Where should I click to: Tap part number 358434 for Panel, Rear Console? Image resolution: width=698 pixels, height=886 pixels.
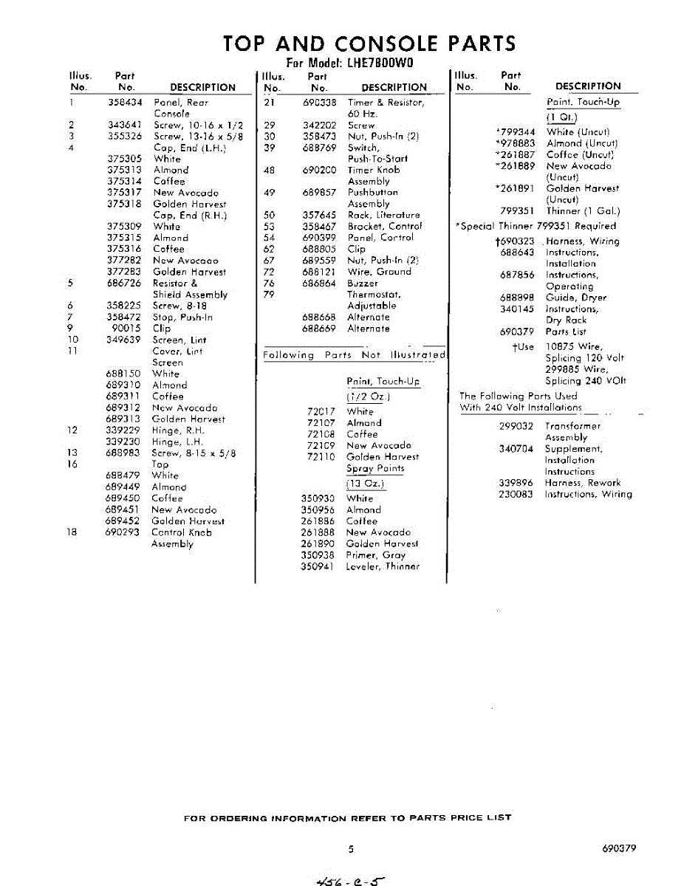[124, 103]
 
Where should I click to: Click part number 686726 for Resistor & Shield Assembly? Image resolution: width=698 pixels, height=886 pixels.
[124, 284]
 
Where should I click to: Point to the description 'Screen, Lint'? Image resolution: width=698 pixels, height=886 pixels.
[179, 340]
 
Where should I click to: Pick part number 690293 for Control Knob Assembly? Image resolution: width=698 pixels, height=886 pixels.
[123, 532]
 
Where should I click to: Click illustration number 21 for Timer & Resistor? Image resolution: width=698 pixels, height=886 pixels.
[270, 103]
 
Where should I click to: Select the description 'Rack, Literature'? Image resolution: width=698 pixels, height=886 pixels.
[383, 216]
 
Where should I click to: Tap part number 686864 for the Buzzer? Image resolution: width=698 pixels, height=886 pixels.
[319, 284]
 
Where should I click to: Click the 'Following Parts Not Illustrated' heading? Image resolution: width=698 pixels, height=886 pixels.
[355, 355]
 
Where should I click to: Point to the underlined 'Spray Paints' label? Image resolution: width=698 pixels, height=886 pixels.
[375, 469]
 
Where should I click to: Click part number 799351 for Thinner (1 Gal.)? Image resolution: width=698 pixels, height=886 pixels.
[516, 211]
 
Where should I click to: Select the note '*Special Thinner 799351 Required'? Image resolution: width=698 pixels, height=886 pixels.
[536, 227]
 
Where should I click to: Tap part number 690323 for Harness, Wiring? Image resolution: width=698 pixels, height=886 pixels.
[516, 241]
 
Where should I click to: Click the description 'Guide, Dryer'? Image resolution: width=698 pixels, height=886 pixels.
[576, 298]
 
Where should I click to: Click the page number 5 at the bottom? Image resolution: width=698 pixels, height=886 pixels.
[352, 849]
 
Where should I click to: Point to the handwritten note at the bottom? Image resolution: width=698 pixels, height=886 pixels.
[350, 878]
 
